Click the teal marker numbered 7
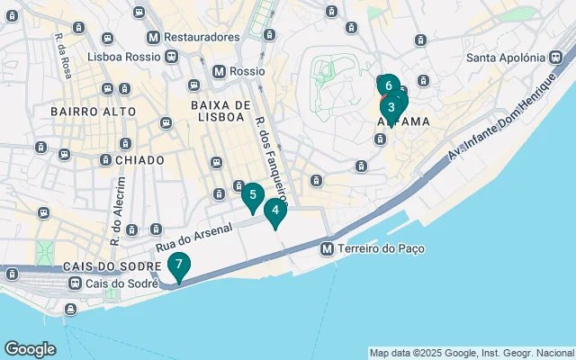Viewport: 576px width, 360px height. pos(179,265)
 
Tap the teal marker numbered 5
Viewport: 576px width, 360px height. pos(253,194)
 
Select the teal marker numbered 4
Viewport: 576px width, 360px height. pos(275,211)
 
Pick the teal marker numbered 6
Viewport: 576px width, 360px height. pos(387,85)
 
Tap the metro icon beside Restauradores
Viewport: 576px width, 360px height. pos(154,37)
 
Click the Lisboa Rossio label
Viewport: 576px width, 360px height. pos(124,56)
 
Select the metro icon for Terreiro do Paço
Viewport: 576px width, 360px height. pos(328,248)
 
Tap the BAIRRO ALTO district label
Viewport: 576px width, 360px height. pos(94,112)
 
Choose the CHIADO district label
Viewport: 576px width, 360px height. pos(139,159)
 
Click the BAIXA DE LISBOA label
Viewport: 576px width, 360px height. pos(218,111)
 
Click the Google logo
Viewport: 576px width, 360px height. pos(30,349)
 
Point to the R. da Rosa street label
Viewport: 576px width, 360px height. pos(62,56)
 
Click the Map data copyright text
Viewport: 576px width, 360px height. pos(472,353)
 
